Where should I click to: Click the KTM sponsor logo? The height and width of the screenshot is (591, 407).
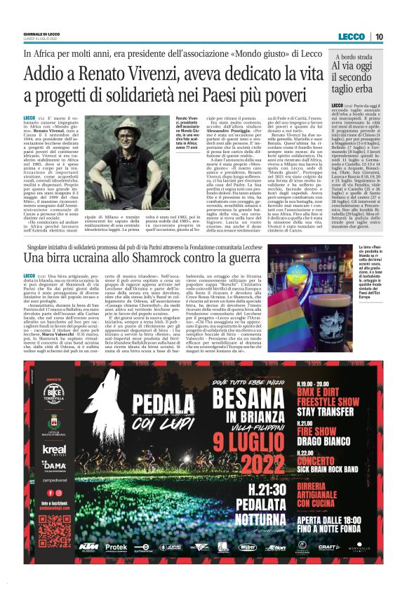coord(87,566)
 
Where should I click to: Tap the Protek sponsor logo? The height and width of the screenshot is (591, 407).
coord(117,566)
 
